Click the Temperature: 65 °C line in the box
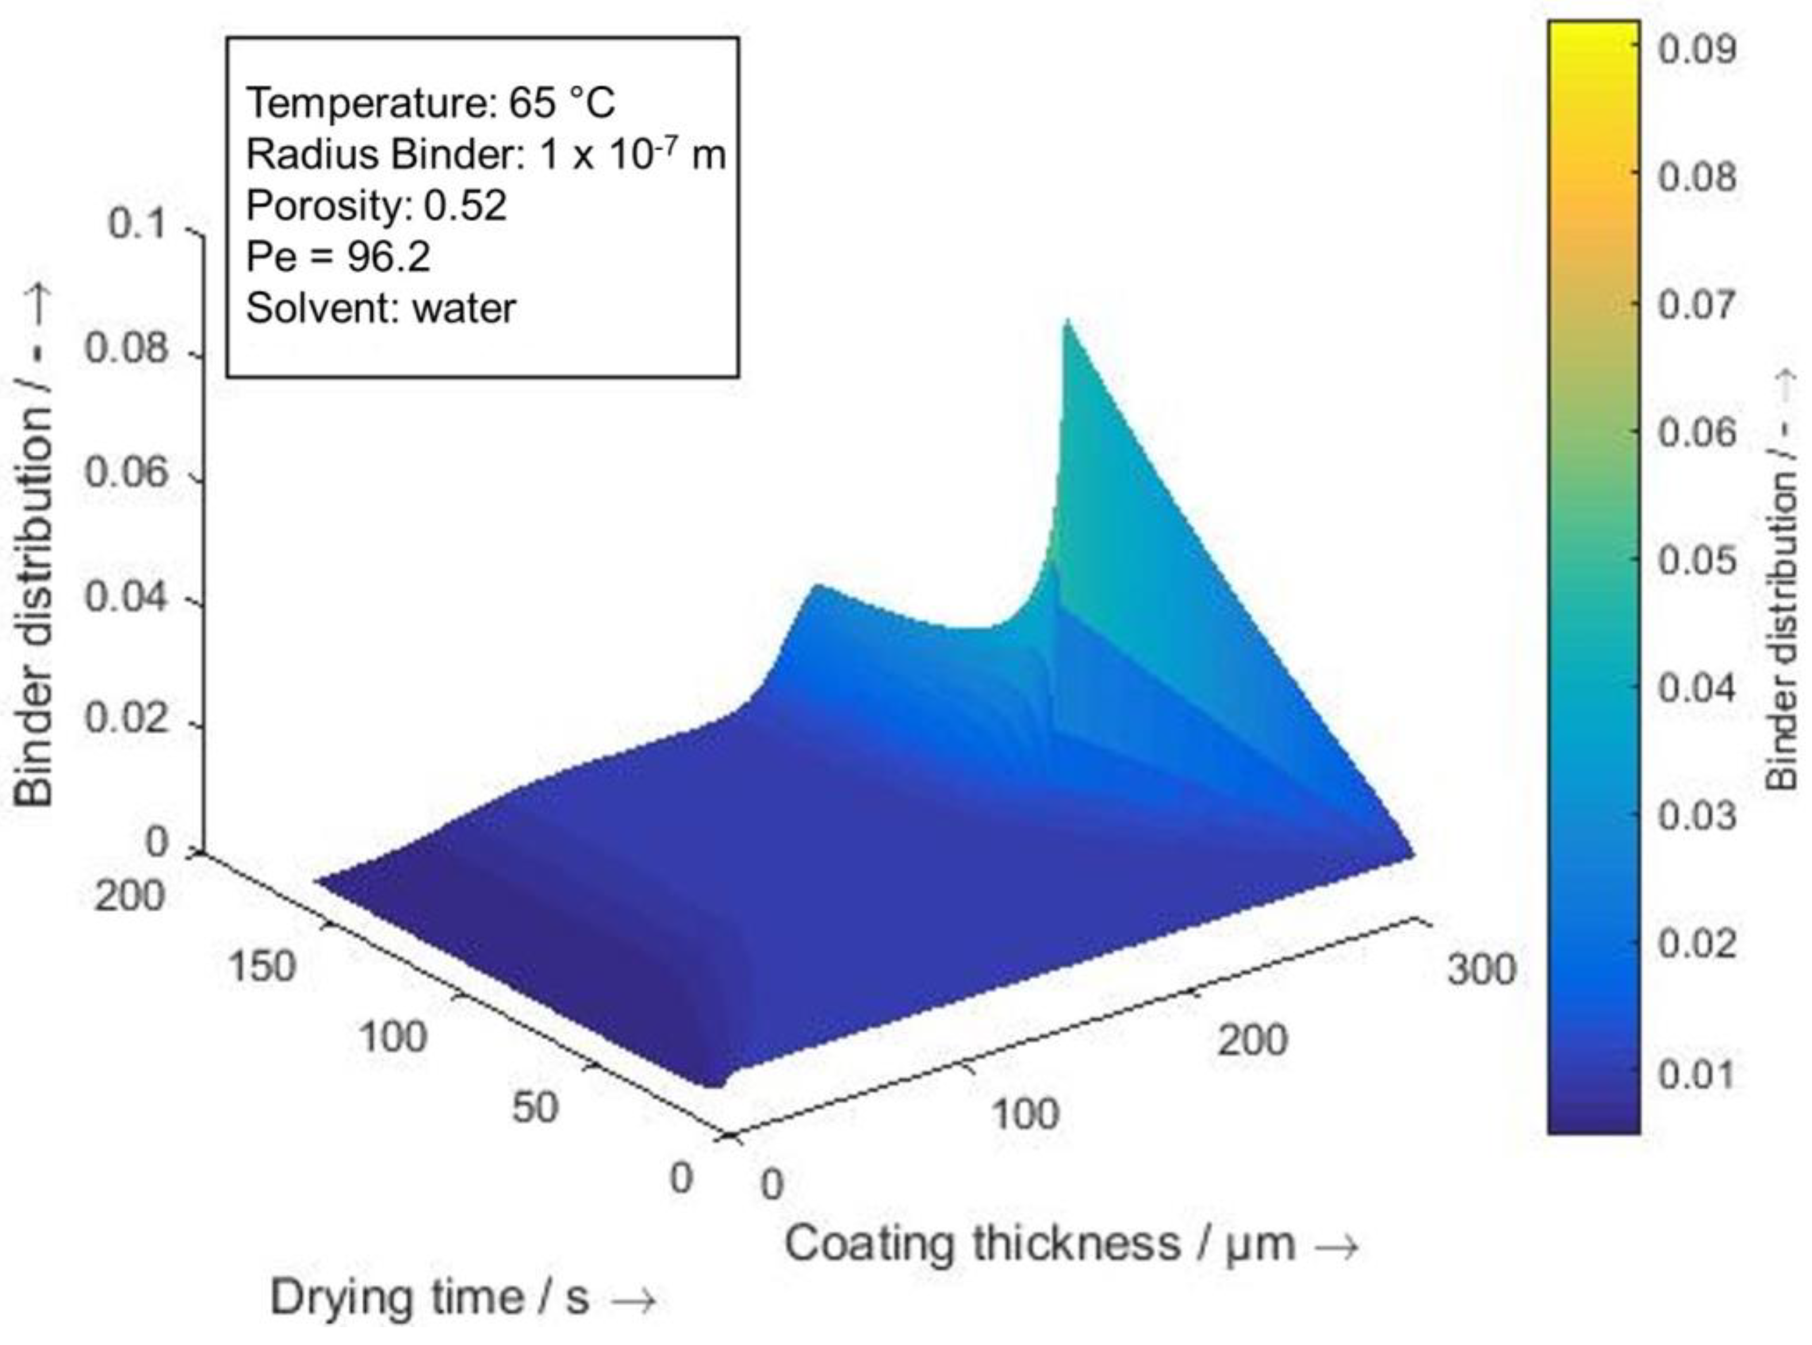point(431,104)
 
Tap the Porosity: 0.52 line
point(376,206)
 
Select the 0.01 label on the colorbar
point(1696,1075)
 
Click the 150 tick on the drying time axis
point(261,967)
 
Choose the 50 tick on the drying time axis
point(535,1108)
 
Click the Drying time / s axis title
point(462,1297)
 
